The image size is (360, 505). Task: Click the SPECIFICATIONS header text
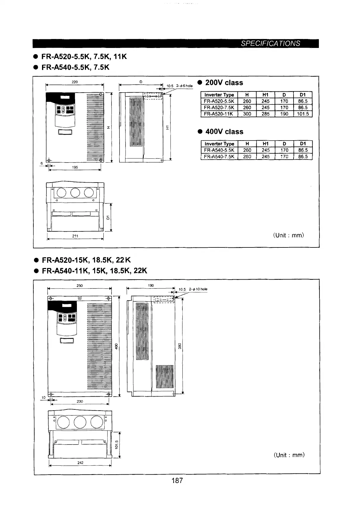(x=270, y=43)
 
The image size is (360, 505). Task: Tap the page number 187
(x=177, y=480)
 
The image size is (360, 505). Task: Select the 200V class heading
(x=224, y=83)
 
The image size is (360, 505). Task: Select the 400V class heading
(x=224, y=132)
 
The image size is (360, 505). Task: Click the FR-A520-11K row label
(x=219, y=114)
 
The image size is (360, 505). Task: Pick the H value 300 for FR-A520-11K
(x=247, y=114)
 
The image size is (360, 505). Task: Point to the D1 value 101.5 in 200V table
(x=303, y=114)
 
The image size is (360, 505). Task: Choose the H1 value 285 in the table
(x=266, y=114)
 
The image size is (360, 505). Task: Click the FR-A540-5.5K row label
(x=219, y=150)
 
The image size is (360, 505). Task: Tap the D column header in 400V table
(x=284, y=144)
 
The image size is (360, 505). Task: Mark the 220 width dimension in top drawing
(x=75, y=82)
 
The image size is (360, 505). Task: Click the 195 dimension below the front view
(x=75, y=167)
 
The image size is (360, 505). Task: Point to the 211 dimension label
(x=75, y=236)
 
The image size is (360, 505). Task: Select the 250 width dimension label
(x=80, y=286)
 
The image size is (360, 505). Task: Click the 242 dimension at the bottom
(x=80, y=463)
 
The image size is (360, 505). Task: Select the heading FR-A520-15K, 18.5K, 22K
(x=86, y=260)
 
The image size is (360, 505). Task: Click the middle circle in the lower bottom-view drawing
(x=80, y=422)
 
